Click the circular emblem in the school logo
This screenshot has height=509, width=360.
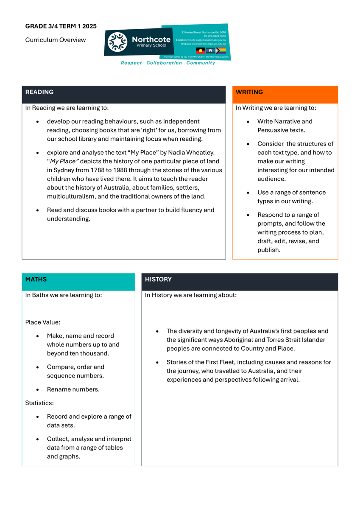point(117,42)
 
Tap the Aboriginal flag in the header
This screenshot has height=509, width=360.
point(200,50)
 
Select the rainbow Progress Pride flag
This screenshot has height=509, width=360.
point(221,50)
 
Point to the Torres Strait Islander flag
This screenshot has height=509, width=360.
point(211,50)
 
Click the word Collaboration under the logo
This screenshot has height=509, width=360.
point(164,63)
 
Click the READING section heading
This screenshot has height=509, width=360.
point(39,92)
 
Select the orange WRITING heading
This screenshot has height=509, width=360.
point(249,92)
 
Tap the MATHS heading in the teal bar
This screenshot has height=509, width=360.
point(36,279)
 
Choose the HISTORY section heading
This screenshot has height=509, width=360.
point(158,279)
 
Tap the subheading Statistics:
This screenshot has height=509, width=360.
point(39,403)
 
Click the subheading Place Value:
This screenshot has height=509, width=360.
point(42,322)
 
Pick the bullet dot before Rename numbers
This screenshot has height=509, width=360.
point(38,389)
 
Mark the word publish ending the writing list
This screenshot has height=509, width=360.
point(268,250)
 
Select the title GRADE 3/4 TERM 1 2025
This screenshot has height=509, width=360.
point(61,26)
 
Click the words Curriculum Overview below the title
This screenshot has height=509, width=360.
point(55,40)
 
